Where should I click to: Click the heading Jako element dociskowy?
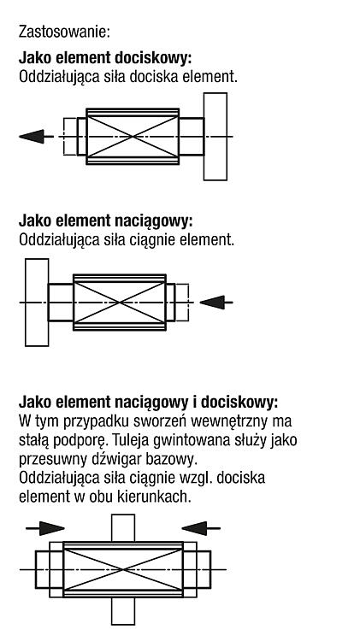[x=105, y=58]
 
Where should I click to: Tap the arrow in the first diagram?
[x=36, y=136]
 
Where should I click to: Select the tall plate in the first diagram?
[x=215, y=136]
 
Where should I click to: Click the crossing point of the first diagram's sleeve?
[x=133, y=136]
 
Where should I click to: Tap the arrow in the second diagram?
[x=216, y=303]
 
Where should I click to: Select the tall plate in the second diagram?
[x=37, y=303]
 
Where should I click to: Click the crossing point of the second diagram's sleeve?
[x=120, y=303]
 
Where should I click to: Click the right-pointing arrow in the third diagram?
[x=45, y=528]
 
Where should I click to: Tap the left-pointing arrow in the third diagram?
[x=201, y=528]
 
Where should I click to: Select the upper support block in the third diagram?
[x=123, y=528]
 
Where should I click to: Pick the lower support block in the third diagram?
[x=123, y=611]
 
